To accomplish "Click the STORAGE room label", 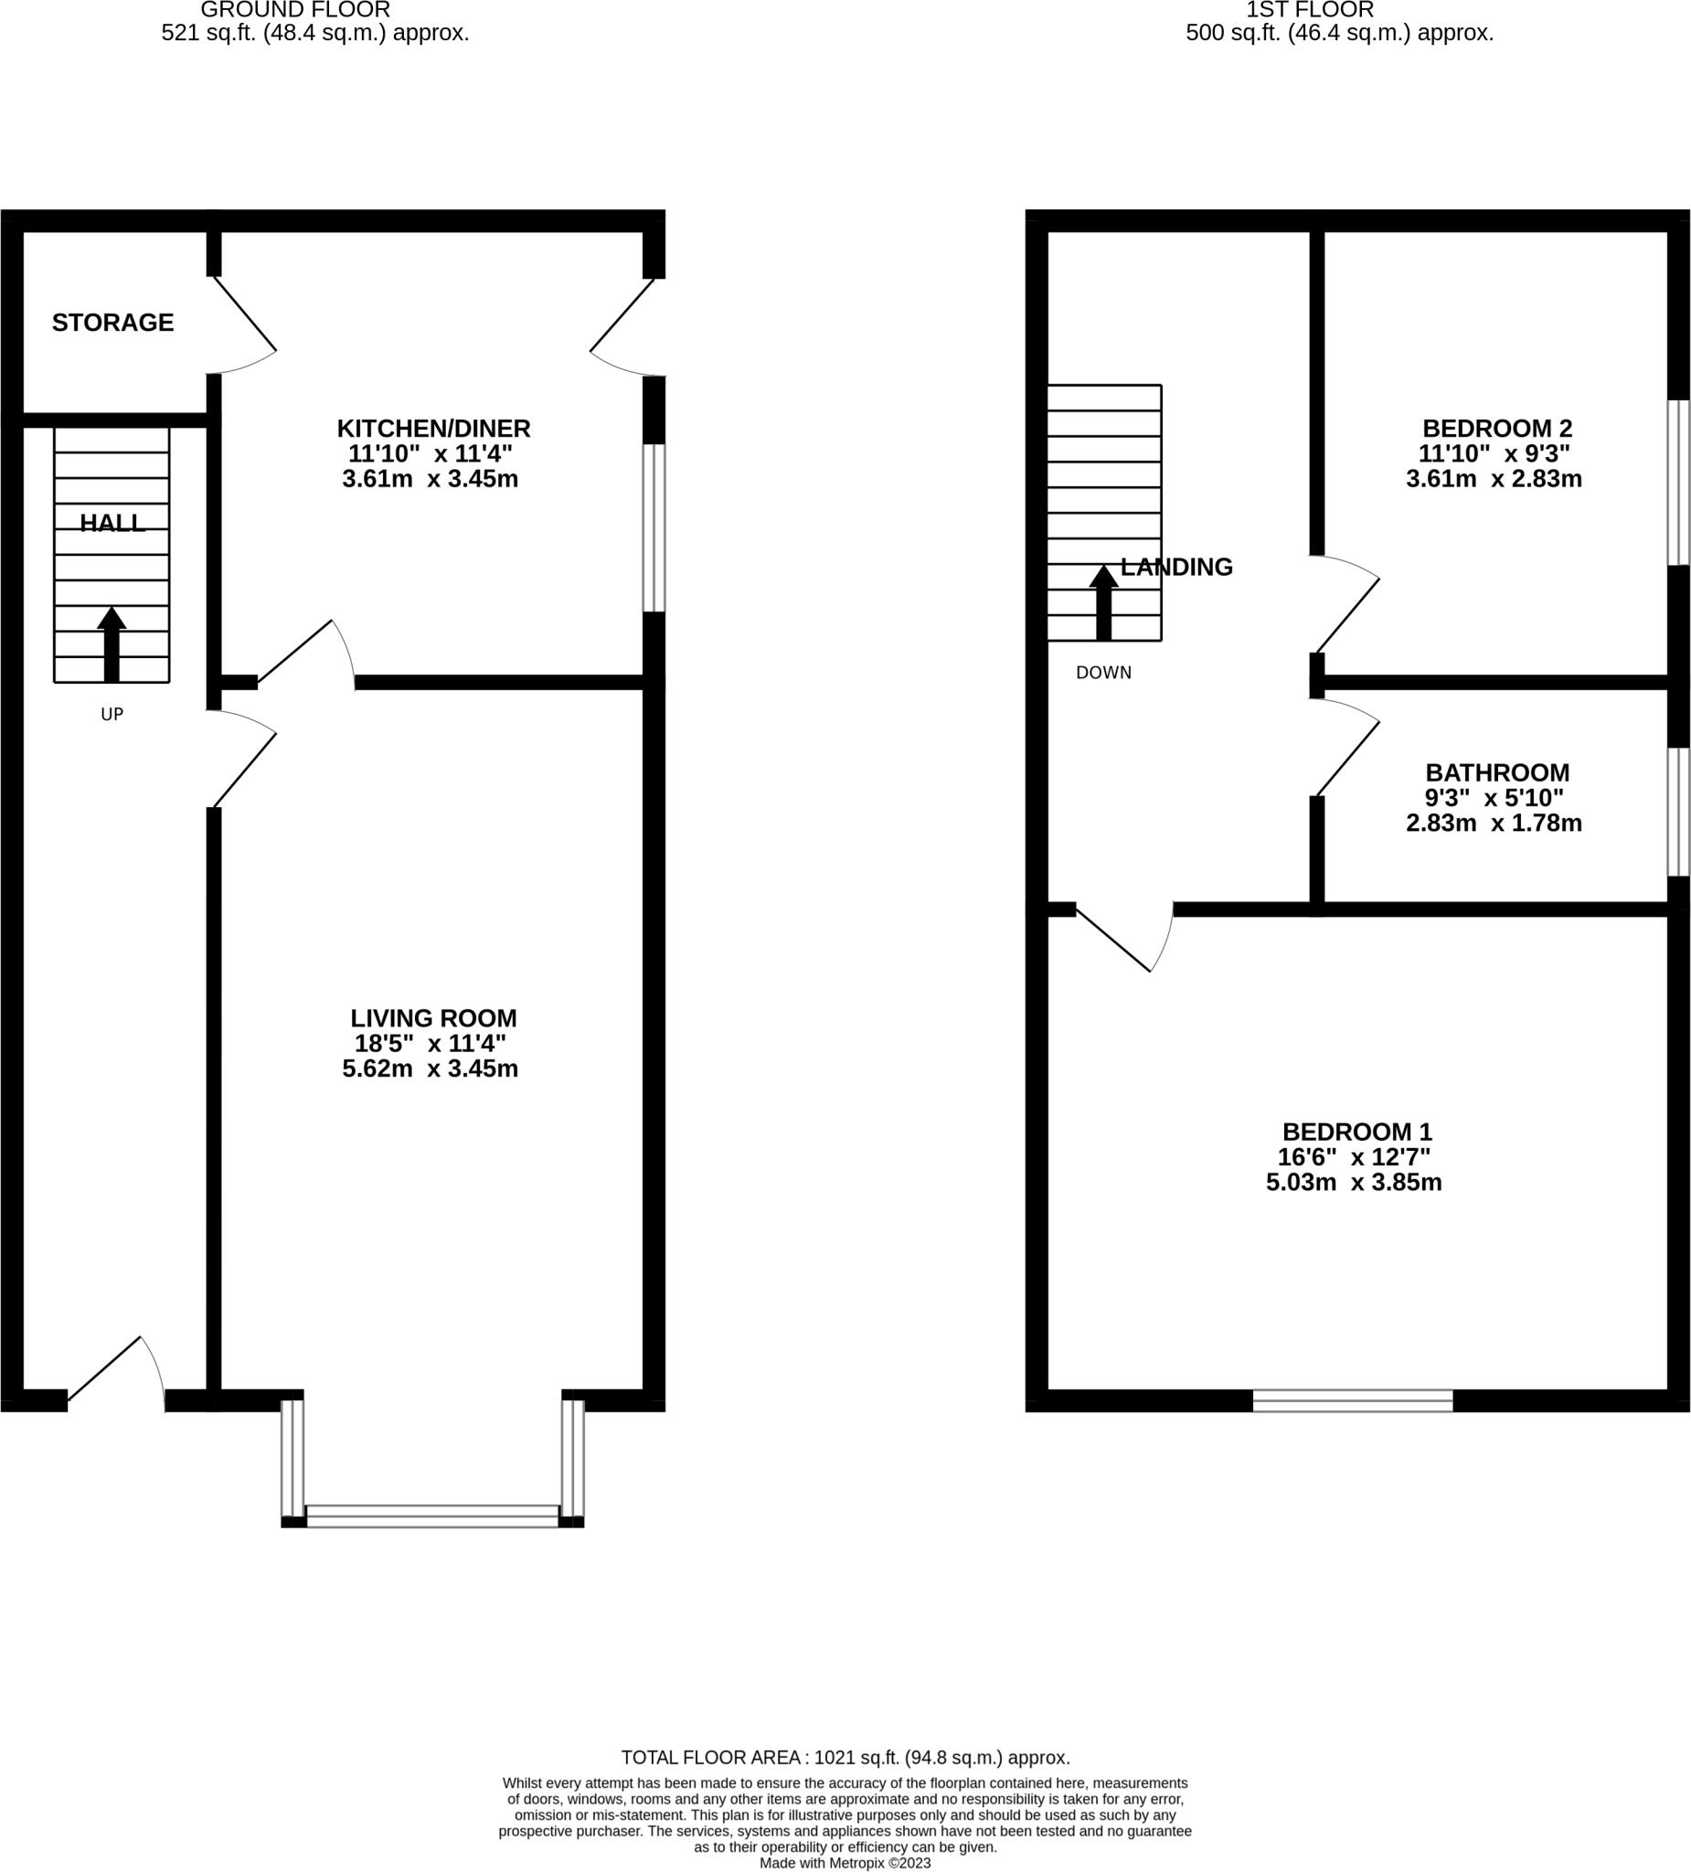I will coord(112,323).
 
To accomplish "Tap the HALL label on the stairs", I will coord(112,523).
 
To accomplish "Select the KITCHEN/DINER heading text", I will coord(432,428).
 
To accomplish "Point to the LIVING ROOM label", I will coord(432,1017).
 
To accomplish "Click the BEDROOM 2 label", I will coord(1497,428).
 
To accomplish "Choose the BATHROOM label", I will coord(1497,771).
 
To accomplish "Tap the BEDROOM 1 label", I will coord(1356,1132).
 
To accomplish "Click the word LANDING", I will coord(1176,567).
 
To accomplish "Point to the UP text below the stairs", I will coord(112,714).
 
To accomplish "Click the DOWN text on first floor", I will coord(1103,672).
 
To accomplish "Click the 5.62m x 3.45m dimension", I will coord(430,1069).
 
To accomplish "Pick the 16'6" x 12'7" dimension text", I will coord(1354,1158).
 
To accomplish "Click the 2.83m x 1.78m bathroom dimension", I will coord(1494,823).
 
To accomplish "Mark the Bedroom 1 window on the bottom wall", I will coord(1352,1400).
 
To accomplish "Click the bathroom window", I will coord(1678,811).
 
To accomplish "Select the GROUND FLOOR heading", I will coord(295,10).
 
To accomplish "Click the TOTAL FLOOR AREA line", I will coord(845,1757).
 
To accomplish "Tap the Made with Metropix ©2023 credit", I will coord(845,1863).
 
